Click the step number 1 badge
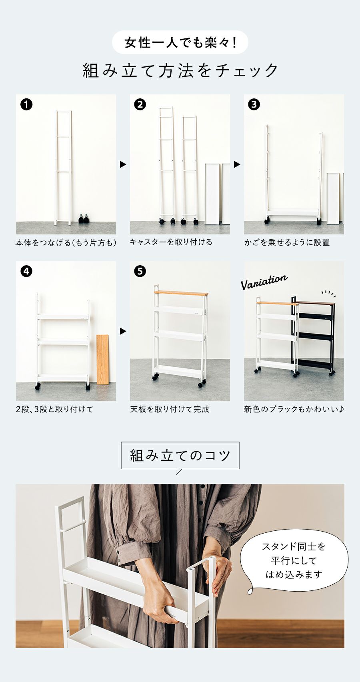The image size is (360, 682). coord(26,104)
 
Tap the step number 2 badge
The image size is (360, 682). coord(140,104)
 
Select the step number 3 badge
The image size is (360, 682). coord(254,104)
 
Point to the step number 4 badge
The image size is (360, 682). coord(26,271)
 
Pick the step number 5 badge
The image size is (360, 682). coord(140,271)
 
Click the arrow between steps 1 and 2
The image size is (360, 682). coord(123,164)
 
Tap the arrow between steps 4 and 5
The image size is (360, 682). coord(123,331)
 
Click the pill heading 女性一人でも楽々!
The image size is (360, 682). coord(180,42)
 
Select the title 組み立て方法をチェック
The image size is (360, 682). coord(180,71)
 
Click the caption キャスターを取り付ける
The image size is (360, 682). coord(171,242)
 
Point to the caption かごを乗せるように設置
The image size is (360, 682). coord(287,242)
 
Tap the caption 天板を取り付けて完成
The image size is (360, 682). coord(170,409)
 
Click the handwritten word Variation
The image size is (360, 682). coord(264,282)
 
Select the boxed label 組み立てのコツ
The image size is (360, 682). coord(180,456)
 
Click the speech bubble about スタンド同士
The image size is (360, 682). coord(294,561)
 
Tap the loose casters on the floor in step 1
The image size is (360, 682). coord(84,219)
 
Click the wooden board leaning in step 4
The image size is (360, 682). coord(103,360)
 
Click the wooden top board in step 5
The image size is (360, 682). coord(181,293)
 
